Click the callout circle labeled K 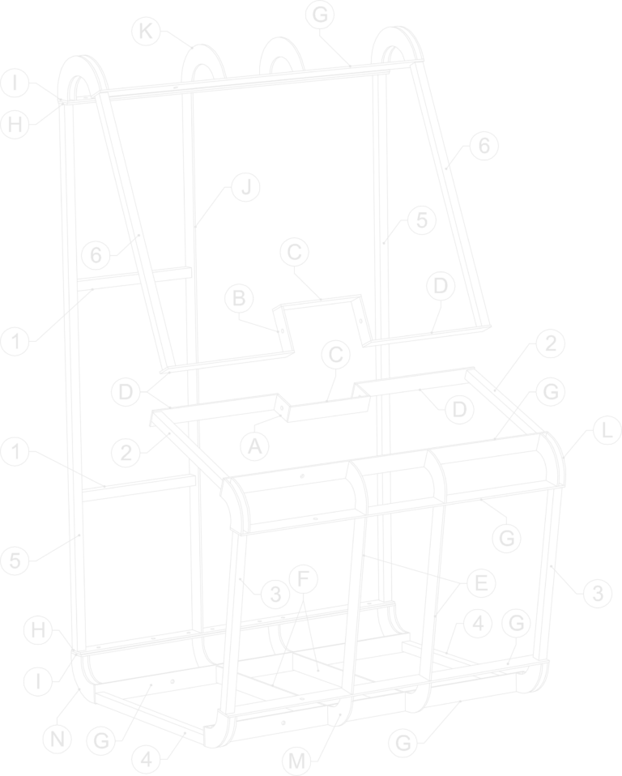146,31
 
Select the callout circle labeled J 246,187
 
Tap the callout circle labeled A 254,446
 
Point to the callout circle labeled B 239,298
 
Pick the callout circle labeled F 304,578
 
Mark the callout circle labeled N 58,740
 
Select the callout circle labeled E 481,583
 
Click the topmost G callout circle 320,15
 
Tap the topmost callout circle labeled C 295,252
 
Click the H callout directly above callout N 39,630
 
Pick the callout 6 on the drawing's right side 484,146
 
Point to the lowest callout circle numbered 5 15,561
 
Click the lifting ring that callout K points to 203,64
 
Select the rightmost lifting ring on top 400,47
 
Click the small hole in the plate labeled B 282,330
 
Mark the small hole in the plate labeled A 283,408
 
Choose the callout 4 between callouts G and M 147,759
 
